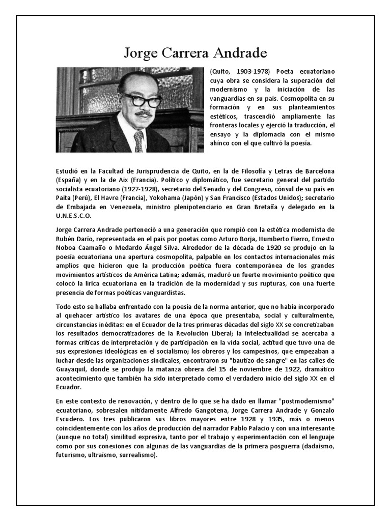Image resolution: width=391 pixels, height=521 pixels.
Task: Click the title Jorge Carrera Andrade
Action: tap(195, 53)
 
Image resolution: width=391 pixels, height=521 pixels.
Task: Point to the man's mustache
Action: tap(143, 113)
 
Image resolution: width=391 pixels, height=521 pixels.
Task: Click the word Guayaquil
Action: tap(74, 370)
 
